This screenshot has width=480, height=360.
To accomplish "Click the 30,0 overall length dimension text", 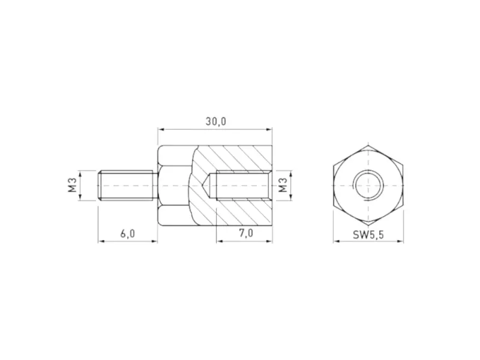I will click(x=215, y=121).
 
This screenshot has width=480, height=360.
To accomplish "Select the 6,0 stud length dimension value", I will click(x=127, y=234).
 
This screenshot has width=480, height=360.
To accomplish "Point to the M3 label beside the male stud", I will click(x=71, y=186).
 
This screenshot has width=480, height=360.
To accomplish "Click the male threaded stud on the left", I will click(x=127, y=186).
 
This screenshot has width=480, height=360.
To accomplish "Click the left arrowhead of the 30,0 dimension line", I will click(x=160, y=129).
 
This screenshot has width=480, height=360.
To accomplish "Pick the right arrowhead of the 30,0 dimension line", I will click(x=269, y=129).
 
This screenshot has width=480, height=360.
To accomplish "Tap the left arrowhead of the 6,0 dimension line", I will click(x=101, y=242).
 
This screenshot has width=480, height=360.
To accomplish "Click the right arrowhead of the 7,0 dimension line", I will click(x=269, y=242).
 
